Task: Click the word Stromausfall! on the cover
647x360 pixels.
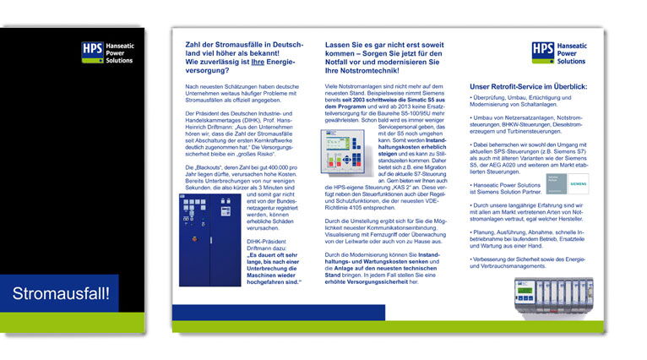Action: [65, 294]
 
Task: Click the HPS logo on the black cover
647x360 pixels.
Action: [108, 53]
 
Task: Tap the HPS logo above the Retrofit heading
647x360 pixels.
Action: [558, 53]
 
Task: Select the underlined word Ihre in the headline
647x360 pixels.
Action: [257, 62]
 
